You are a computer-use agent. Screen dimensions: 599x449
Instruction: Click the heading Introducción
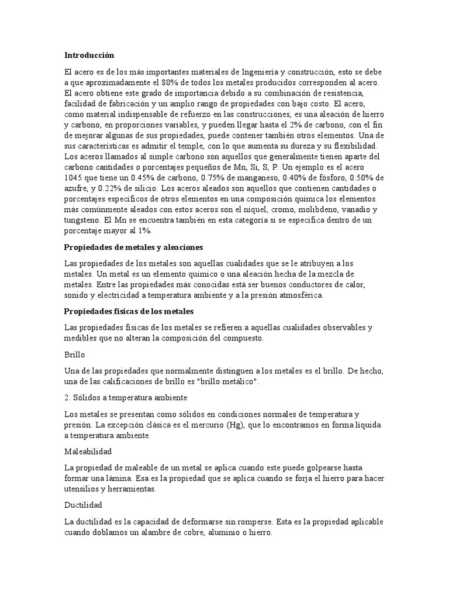click(x=89, y=55)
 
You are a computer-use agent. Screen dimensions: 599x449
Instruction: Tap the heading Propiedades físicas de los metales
click(x=128, y=310)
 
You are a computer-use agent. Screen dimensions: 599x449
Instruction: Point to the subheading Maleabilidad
click(x=88, y=452)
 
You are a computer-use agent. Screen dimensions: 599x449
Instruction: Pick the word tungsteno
click(x=82, y=219)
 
